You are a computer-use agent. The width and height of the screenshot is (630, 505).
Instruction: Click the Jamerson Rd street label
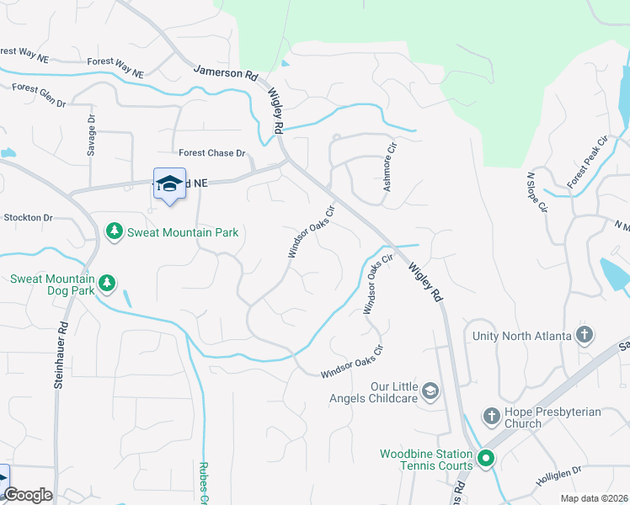(226, 73)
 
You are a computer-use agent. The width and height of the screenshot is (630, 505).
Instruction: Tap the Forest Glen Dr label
(39, 95)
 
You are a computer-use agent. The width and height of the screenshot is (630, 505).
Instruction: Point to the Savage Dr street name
(93, 136)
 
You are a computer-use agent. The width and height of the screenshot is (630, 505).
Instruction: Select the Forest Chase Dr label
(211, 153)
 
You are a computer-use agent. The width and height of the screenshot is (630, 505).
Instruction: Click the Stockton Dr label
(28, 218)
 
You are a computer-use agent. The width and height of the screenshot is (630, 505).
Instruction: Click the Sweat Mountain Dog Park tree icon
(106, 283)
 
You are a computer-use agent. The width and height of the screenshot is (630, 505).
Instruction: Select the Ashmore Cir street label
(389, 167)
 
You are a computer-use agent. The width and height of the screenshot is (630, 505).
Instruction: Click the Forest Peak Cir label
(587, 162)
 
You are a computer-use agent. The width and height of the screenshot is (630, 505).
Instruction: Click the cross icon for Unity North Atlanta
(585, 335)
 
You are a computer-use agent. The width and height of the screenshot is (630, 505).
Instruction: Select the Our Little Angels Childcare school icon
(430, 391)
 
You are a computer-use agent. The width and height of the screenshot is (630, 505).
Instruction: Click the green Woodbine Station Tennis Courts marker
(485, 459)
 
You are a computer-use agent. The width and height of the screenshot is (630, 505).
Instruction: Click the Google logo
(28, 495)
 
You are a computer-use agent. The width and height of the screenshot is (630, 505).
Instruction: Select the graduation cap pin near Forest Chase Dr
(169, 185)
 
